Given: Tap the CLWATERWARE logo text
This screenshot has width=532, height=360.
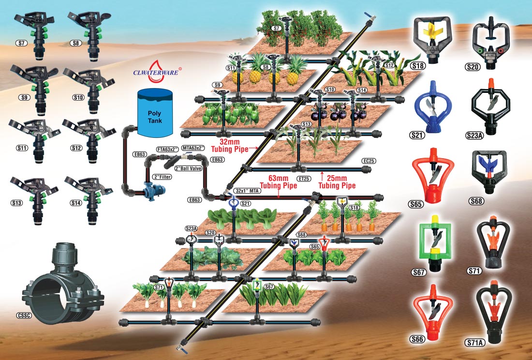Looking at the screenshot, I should (x=156, y=74).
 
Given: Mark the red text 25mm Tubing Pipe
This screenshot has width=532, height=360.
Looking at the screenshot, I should (x=337, y=182).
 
